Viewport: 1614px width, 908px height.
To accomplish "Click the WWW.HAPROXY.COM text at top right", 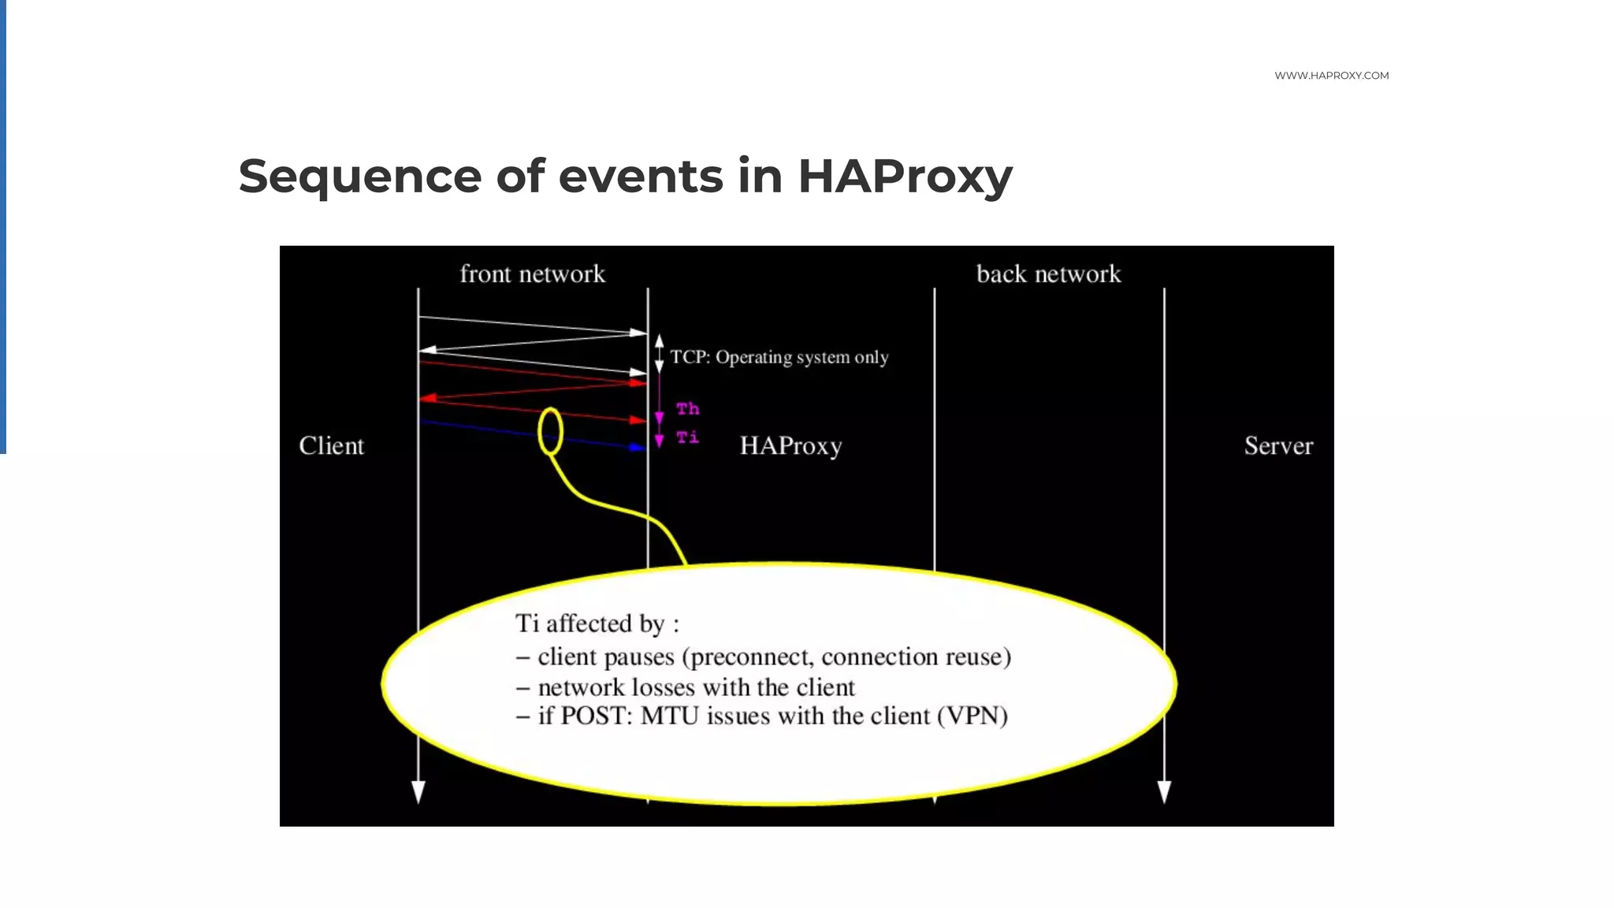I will (1331, 76).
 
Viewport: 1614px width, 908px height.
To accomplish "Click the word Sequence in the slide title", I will (359, 177).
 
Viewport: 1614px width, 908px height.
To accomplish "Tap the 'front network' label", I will (532, 274).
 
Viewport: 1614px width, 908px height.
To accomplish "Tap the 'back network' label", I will (1048, 274).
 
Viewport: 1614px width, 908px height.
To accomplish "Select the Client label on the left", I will (331, 446).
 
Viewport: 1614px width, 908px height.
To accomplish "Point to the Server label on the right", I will (1278, 446).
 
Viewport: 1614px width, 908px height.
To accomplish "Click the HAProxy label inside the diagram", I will (790, 446).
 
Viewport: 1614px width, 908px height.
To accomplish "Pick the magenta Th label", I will (687, 409).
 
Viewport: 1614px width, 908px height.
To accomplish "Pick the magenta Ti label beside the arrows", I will (687, 437).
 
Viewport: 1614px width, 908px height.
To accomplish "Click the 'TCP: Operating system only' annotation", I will (779, 358).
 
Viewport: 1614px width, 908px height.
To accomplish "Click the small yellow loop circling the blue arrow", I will (550, 431).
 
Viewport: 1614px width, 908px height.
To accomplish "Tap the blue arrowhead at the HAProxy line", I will (638, 448).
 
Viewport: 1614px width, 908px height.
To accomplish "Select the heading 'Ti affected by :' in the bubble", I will (597, 623).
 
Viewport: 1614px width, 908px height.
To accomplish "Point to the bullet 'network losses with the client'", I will (696, 687).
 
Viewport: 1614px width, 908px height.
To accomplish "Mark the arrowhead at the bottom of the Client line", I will (418, 791).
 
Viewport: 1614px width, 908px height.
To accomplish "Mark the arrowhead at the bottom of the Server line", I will (1164, 791).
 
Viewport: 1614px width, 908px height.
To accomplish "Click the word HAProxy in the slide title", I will (905, 177).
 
